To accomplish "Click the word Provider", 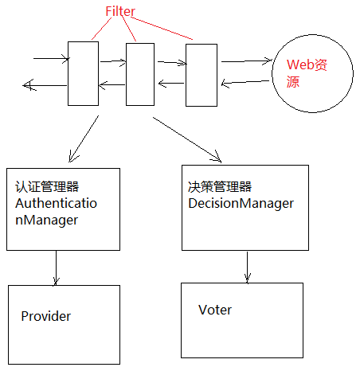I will pos(45,316).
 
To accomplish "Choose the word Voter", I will pos(215,309).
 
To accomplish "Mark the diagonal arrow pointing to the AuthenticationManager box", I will pos(83,138).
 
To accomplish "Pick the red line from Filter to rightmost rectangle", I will pos(162,28).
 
